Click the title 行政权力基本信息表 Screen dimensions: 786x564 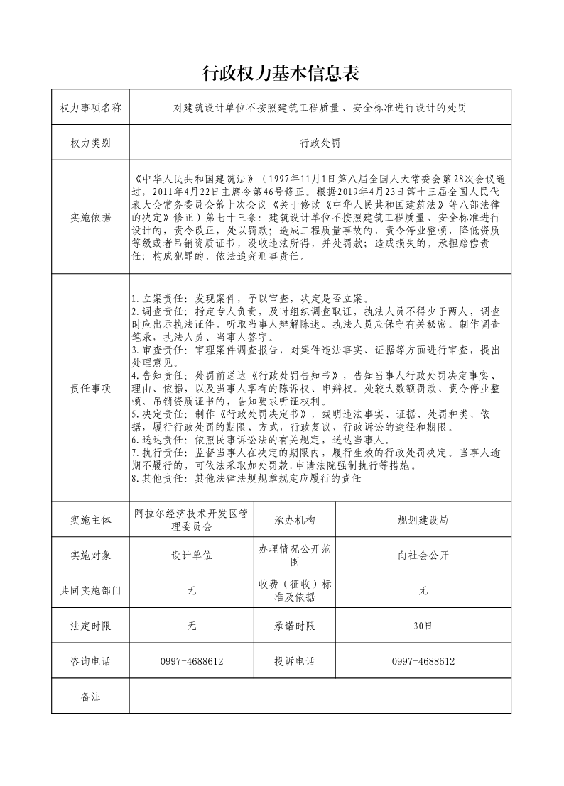[281, 72]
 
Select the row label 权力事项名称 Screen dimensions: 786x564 [90, 108]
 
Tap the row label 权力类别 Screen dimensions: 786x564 [90, 143]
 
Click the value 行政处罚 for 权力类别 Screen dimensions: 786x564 [320, 143]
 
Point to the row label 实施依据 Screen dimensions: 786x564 [90, 218]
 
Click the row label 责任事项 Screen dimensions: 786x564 [90, 388]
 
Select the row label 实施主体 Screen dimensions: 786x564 [90, 520]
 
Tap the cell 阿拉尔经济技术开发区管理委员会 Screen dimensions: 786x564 [192, 520]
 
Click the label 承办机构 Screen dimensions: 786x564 [294, 520]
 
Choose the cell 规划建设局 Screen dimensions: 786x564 [423, 520]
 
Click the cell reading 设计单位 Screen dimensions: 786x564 [192, 555]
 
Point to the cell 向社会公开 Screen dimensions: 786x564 [423, 555]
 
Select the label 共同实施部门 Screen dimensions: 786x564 [90, 590]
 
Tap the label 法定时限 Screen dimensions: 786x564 [90, 626]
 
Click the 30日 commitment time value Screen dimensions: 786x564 [423, 626]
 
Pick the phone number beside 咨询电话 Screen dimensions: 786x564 [192, 661]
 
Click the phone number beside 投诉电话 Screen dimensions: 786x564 [423, 661]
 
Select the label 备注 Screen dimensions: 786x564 [90, 697]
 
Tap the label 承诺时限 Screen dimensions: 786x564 [294, 626]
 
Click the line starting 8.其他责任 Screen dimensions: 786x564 [247, 479]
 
